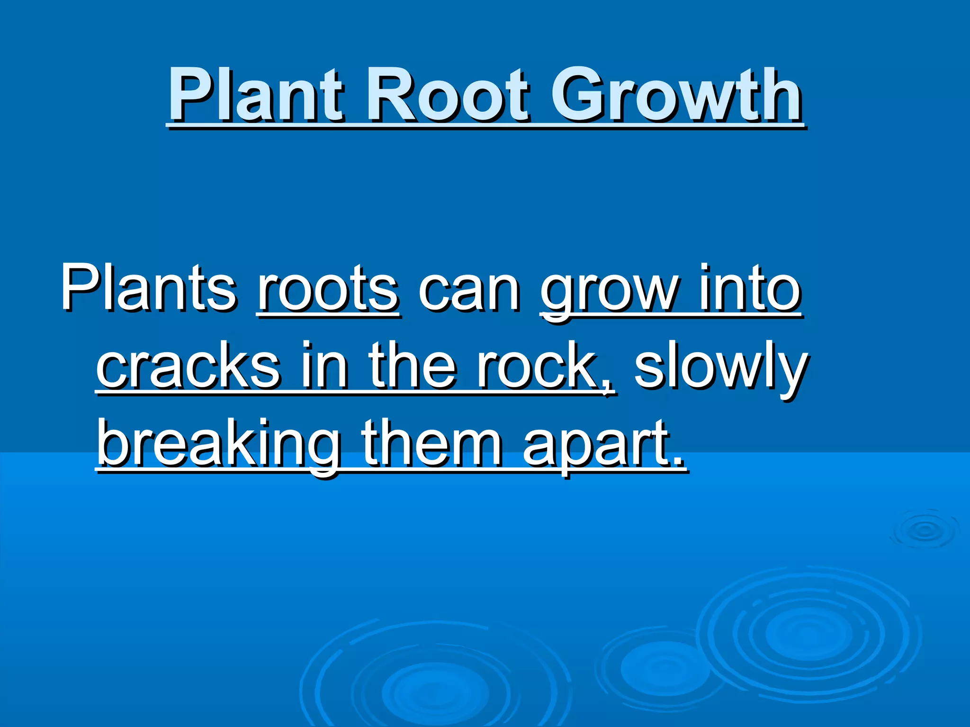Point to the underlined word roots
tap(328, 289)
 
